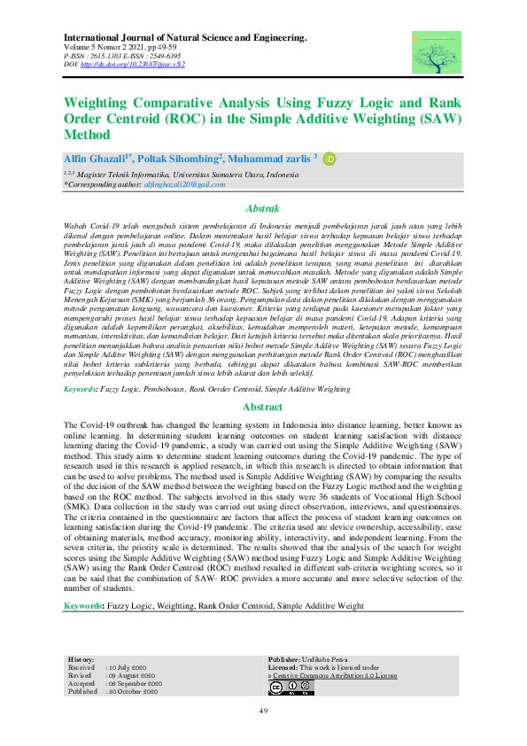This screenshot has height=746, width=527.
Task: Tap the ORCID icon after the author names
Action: click(x=329, y=159)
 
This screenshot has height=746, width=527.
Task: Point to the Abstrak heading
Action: click(x=263, y=209)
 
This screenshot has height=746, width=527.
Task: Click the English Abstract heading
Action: click(x=263, y=408)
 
